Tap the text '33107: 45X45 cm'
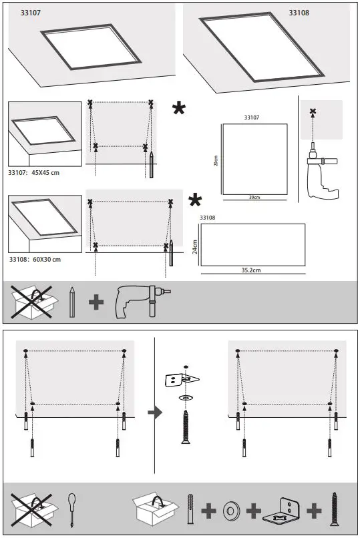tap(34, 172)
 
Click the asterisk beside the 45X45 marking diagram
tap(179, 109)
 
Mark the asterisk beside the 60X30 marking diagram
tap(195, 200)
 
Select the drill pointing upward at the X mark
tap(321, 174)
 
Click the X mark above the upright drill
tap(313, 111)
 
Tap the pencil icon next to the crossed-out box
tap(71, 302)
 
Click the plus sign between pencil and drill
tap(96, 302)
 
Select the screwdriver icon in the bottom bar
tap(71, 511)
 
